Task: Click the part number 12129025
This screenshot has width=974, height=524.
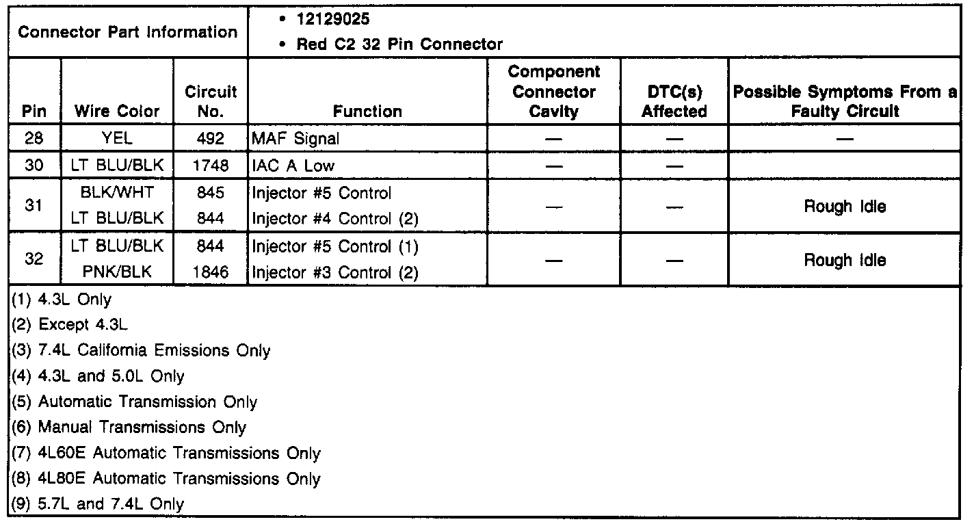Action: [333, 19]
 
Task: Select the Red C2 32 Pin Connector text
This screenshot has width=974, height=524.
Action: [399, 44]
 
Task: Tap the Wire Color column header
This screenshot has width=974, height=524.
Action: [117, 111]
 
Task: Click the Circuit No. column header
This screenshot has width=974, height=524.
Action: [211, 101]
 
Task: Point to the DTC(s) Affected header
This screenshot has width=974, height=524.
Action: [674, 101]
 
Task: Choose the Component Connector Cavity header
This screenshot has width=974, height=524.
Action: [554, 92]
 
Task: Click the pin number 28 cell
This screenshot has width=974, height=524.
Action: [34, 139]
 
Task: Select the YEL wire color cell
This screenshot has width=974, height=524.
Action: [117, 139]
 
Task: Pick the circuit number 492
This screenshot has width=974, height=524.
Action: [211, 139]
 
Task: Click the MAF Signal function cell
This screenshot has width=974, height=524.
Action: [295, 139]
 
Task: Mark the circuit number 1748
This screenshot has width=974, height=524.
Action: [211, 166]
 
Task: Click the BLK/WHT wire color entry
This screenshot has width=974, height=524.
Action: [117, 193]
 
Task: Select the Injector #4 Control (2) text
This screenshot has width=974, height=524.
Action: [335, 219]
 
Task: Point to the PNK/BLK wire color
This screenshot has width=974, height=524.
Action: [117, 272]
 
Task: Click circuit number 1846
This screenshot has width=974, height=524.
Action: [211, 272]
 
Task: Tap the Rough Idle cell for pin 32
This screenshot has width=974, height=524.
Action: [844, 260]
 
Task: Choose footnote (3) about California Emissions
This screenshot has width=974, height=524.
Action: [142, 351]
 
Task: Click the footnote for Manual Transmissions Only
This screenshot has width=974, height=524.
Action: [129, 428]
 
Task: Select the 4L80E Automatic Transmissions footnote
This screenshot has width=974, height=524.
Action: [166, 479]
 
